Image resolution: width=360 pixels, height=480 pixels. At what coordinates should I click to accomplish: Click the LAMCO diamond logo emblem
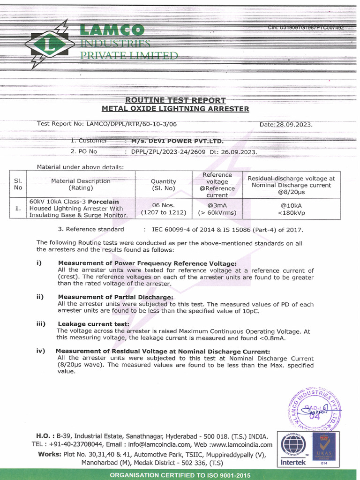click(50, 45)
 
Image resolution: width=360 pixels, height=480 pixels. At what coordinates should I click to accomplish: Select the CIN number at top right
click(306, 28)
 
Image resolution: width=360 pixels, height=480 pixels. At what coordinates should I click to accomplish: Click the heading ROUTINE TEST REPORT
click(175, 100)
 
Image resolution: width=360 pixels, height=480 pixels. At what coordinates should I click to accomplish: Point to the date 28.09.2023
click(294, 125)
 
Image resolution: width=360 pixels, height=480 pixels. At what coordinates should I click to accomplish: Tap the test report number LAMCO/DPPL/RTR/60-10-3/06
click(132, 124)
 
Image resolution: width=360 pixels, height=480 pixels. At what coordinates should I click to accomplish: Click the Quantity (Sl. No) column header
click(164, 185)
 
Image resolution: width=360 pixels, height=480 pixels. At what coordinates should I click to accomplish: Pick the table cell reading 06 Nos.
click(164, 205)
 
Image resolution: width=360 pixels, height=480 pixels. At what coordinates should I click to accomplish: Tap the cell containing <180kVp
click(291, 213)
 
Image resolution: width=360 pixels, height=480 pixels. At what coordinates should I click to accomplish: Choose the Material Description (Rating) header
click(81, 184)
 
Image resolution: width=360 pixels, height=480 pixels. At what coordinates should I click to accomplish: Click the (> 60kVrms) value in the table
click(217, 213)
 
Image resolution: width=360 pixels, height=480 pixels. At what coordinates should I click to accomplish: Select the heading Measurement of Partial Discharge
click(115, 297)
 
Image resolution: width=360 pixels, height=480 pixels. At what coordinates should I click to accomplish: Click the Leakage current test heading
click(93, 324)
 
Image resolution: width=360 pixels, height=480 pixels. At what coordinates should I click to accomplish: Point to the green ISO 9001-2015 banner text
click(180, 475)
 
